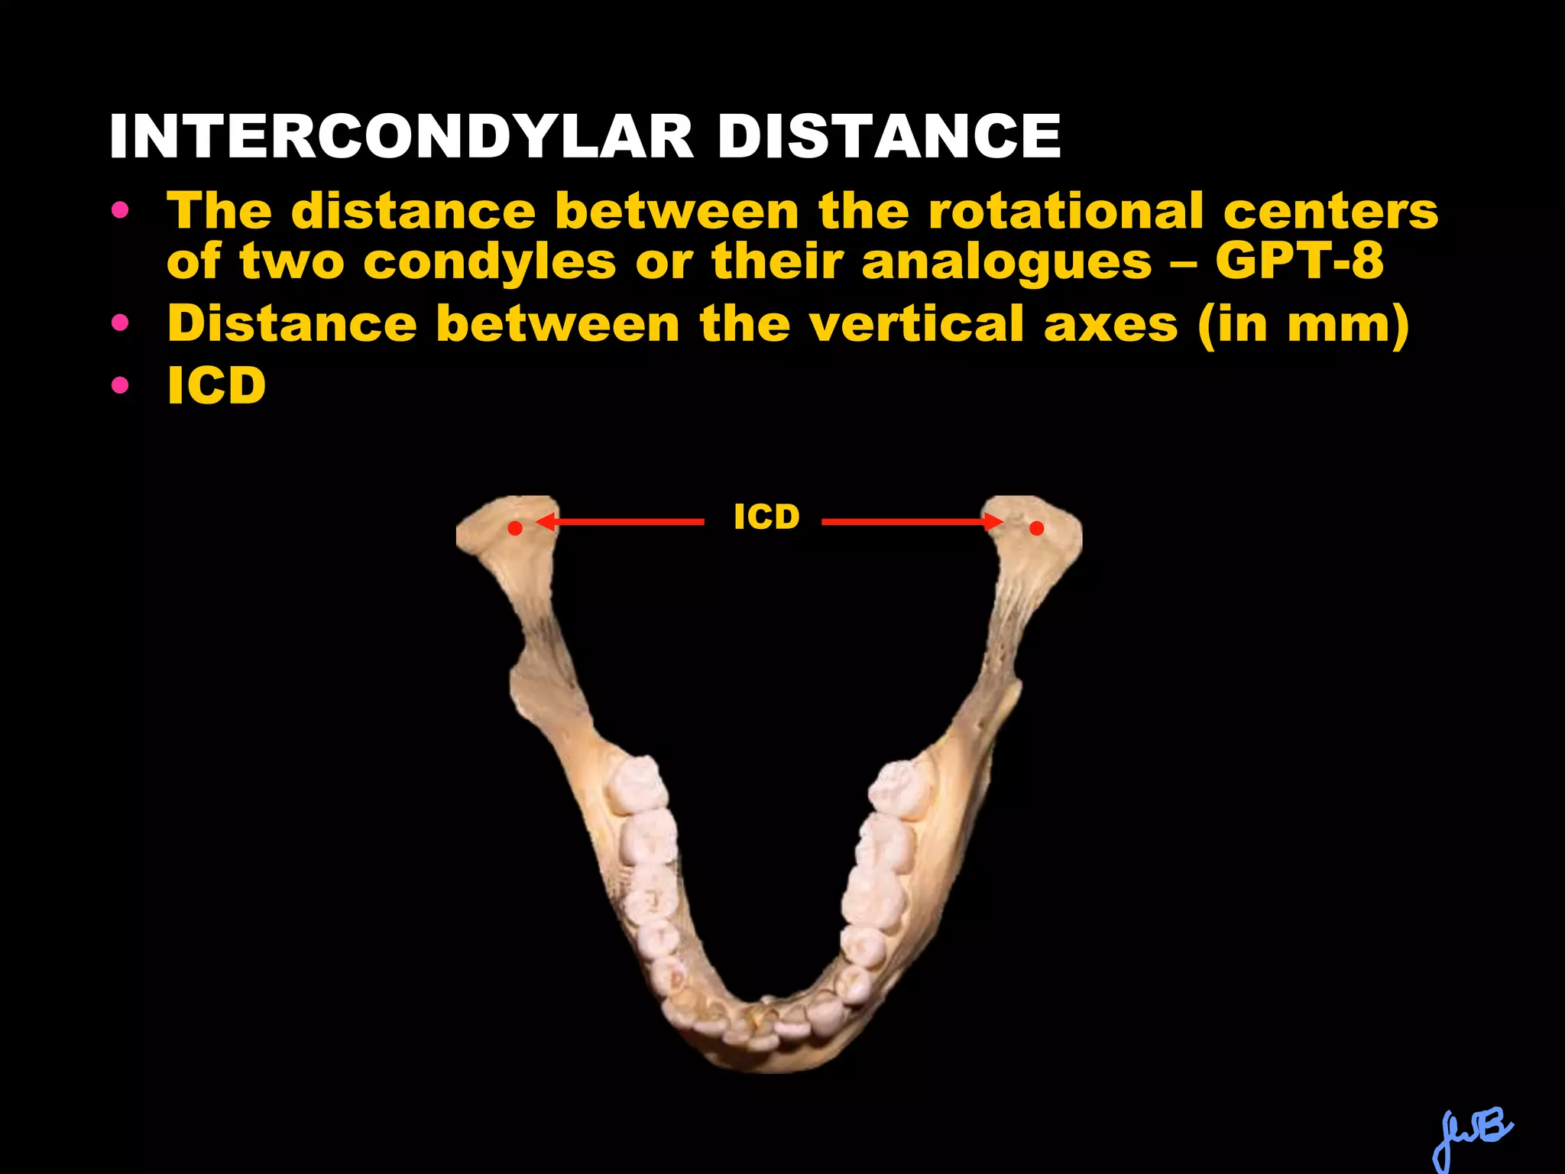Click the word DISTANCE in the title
click(889, 137)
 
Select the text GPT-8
click(1299, 261)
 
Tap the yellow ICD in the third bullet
click(217, 385)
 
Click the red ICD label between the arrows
click(766, 517)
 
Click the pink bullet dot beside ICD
click(120, 385)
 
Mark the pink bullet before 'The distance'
click(120, 210)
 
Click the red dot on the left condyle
click(516, 527)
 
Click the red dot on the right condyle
click(1036, 527)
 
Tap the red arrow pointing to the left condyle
click(619, 522)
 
